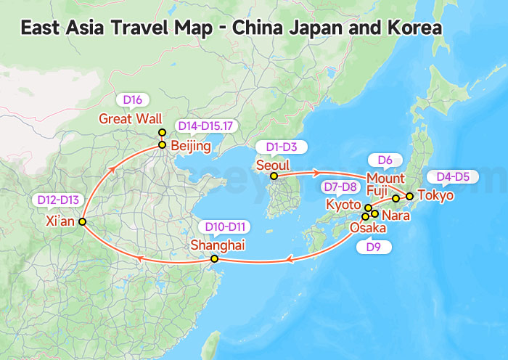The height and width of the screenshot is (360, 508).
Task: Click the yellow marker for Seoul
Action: tap(274, 176)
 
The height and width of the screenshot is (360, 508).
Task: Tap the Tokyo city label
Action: tap(435, 195)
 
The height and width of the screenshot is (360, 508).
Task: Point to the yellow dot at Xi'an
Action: tap(83, 221)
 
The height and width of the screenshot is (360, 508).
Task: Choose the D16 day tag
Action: tap(132, 100)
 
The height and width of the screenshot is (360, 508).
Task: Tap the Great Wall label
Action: tap(130, 118)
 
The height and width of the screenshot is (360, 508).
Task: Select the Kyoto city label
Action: tap(343, 205)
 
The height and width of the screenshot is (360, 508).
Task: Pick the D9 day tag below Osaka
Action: tap(374, 247)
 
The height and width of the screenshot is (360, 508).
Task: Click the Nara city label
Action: tap(396, 215)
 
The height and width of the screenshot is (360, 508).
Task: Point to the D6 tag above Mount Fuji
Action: tap(385, 160)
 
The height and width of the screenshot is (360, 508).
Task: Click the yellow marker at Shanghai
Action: tap(214, 259)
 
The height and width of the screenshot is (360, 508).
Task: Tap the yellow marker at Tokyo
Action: tap(410, 196)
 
